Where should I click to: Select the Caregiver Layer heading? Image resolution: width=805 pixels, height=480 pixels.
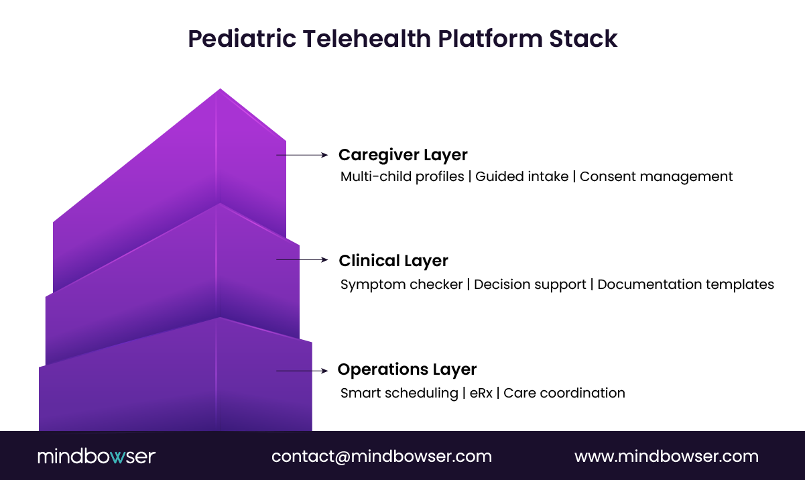(403, 155)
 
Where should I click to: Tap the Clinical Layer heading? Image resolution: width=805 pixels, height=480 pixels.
(393, 260)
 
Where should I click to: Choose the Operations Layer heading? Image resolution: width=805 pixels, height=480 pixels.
(407, 369)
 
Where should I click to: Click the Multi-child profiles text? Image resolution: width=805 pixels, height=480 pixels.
(402, 177)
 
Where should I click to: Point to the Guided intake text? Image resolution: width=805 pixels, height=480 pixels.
(521, 177)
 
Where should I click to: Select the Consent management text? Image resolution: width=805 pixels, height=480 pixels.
(656, 177)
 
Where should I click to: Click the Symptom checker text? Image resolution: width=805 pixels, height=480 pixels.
(401, 284)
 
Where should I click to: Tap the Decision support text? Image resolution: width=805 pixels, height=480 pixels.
(530, 284)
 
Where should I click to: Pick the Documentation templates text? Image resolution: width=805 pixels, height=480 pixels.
(686, 284)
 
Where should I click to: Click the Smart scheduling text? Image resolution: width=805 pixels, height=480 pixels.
(399, 393)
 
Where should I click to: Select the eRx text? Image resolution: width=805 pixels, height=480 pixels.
(480, 393)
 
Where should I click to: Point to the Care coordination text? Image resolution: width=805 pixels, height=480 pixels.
(564, 393)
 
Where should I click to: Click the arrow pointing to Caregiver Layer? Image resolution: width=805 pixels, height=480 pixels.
(302, 155)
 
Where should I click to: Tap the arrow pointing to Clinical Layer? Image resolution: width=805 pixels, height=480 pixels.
(302, 259)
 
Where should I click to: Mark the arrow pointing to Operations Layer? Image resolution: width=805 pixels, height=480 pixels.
(302, 371)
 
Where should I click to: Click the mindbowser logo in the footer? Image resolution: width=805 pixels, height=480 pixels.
(97, 457)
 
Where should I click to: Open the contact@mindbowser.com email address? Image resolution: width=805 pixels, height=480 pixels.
(381, 457)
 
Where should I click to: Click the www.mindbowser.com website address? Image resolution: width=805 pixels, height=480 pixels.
(666, 457)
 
